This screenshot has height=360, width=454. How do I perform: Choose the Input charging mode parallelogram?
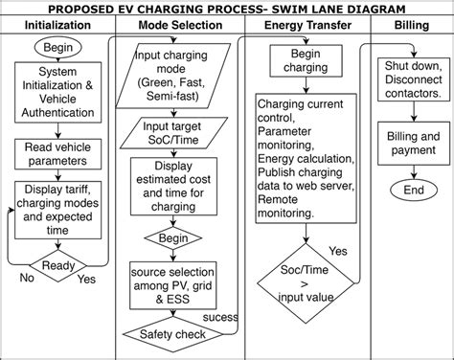(178, 71)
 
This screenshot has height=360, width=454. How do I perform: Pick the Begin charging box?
(299, 62)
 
